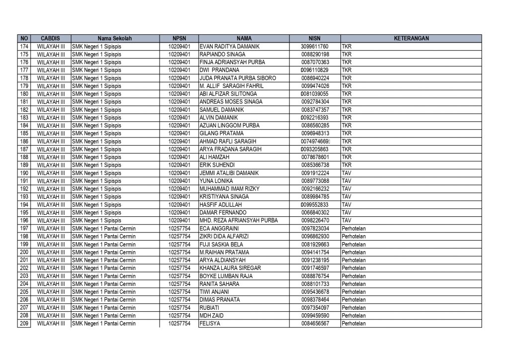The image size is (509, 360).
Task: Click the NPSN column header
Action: click(x=179, y=38)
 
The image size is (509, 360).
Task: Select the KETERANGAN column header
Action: click(x=411, y=38)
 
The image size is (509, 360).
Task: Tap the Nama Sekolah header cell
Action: click(x=115, y=38)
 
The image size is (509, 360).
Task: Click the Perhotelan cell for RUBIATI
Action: click(x=353, y=308)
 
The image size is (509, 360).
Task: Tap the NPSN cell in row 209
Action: click(x=179, y=324)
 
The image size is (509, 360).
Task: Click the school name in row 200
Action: click(x=104, y=252)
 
